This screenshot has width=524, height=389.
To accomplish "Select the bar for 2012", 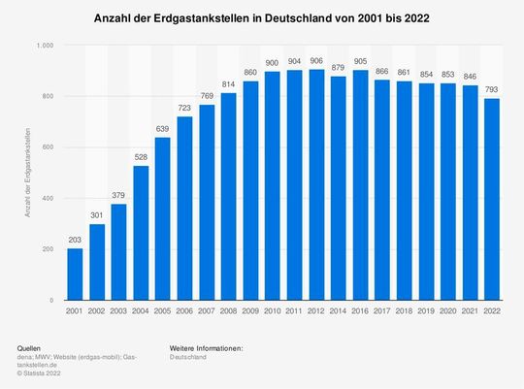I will point(289,184).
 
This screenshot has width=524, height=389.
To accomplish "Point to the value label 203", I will point(75,240).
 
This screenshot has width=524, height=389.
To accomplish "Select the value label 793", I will point(492,88).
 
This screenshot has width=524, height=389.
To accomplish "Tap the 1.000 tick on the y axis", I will point(44,46).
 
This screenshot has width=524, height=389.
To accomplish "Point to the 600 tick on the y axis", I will point(47,147).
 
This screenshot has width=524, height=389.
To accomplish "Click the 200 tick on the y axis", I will point(47,249).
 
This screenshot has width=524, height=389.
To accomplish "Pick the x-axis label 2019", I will point(423,312).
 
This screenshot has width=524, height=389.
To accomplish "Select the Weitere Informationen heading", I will point(205,347).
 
